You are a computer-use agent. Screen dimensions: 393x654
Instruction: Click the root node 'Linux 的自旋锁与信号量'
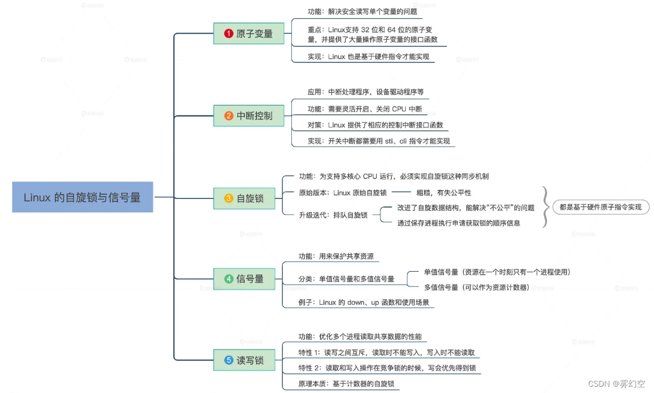tap(82, 197)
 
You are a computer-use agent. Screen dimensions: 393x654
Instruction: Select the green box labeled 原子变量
tap(248, 34)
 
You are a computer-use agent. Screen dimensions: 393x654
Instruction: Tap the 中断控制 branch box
tap(248, 116)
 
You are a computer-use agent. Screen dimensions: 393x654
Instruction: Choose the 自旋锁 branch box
tap(248, 199)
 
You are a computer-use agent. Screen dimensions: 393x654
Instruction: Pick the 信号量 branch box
tap(248, 279)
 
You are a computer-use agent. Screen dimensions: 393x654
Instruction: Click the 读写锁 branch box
tap(248, 360)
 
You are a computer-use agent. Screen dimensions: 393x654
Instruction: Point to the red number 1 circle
tap(229, 34)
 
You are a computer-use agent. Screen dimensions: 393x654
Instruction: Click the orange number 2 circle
tap(229, 116)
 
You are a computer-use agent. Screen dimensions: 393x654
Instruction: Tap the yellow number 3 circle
tap(229, 199)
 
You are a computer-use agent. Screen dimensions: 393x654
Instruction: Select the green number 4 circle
tap(229, 279)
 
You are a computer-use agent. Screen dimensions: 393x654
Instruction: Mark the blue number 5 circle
tap(229, 360)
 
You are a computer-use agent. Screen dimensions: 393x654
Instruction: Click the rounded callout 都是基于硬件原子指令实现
tap(601, 207)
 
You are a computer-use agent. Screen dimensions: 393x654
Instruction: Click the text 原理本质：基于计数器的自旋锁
tap(347, 383)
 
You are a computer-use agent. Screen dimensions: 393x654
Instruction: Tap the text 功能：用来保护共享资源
tap(336, 256)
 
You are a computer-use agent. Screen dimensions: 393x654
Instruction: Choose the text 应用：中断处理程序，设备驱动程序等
tap(365, 92)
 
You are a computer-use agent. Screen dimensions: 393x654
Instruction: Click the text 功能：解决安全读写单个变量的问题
tap(362, 11)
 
